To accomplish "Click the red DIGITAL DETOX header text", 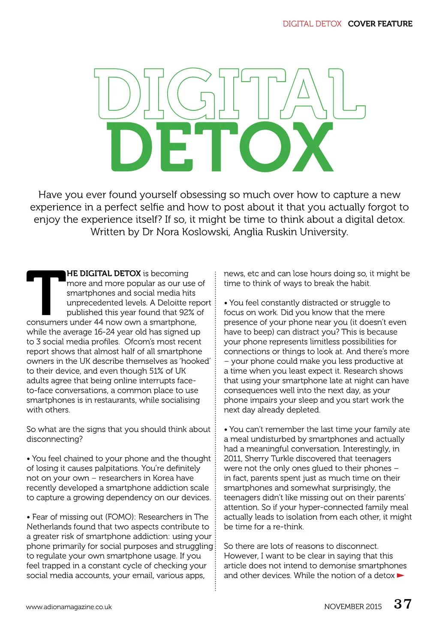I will tap(312, 24).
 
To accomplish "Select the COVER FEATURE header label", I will tap(380, 24).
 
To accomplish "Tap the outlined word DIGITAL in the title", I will tap(229, 94).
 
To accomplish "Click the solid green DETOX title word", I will tap(219, 147).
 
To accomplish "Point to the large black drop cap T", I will tap(46, 292).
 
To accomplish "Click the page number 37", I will tap(403, 604).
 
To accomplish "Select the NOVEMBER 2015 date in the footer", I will tap(353, 606).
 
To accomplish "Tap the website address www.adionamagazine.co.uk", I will tap(69, 607).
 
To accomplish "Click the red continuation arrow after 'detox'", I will tap(401, 576).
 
